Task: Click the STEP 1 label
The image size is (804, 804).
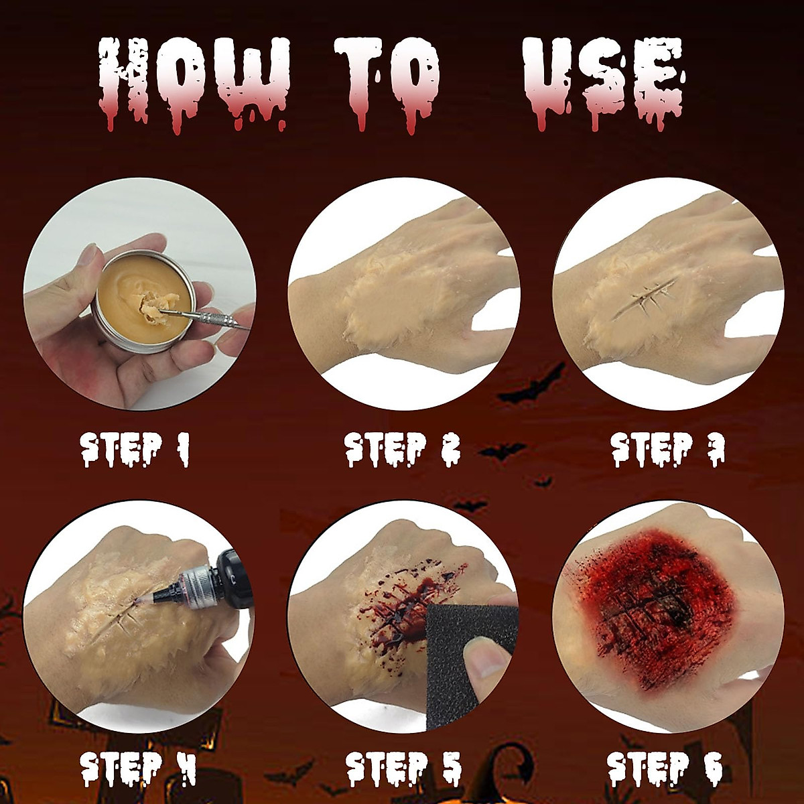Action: tap(135, 449)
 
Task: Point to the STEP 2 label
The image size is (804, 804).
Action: tap(403, 449)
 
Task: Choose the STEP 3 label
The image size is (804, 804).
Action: tap(667, 449)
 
